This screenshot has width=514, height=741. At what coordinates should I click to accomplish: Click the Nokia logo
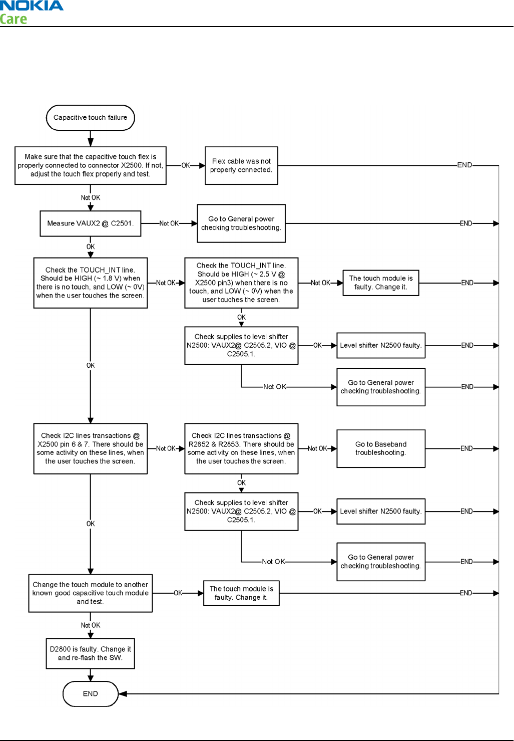(x=32, y=6)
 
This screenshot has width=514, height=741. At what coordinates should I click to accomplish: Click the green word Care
(x=14, y=20)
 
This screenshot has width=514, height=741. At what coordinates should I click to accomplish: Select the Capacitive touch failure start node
(x=90, y=118)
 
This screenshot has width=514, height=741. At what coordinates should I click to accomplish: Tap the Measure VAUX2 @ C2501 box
(x=90, y=223)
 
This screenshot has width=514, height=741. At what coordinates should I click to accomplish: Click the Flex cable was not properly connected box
(x=241, y=166)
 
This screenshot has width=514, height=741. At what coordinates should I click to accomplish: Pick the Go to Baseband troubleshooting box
(x=381, y=448)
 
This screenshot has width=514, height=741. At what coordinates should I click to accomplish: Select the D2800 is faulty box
(x=90, y=653)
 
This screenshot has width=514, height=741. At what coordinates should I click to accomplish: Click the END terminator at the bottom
(x=90, y=694)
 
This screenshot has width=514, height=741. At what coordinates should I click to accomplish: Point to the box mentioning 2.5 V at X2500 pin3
(x=241, y=283)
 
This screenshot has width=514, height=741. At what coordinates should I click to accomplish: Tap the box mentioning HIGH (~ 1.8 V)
(x=90, y=283)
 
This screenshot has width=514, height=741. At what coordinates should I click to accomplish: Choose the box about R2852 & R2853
(x=241, y=448)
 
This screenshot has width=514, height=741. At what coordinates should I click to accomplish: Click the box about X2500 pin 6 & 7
(x=90, y=448)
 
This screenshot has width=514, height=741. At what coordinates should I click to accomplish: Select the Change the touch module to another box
(x=90, y=593)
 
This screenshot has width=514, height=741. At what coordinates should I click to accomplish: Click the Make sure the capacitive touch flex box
(x=90, y=165)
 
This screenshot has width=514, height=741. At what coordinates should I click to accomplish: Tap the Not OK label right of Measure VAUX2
(x=169, y=223)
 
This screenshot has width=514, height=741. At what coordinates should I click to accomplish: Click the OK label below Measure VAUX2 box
(x=91, y=246)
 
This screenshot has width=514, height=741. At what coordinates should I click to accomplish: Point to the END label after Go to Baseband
(x=466, y=448)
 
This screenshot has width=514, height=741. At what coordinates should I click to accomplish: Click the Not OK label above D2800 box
(x=91, y=625)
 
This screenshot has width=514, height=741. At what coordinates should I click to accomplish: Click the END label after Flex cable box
(x=464, y=165)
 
